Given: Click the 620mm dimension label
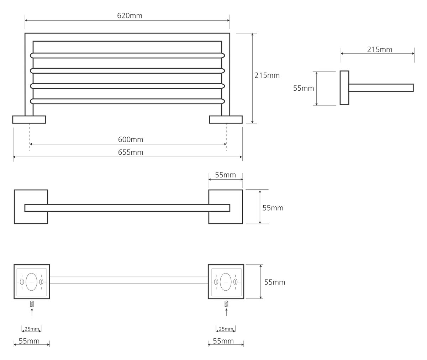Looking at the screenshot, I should click(127, 16).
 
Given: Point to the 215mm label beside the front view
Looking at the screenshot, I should click(267, 75).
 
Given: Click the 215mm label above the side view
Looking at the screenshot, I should click(380, 49).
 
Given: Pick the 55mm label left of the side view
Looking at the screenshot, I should click(304, 88).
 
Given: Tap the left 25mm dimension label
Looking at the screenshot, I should click(31, 329).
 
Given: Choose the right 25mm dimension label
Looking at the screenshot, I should click(225, 329).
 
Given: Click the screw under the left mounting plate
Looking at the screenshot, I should click(32, 304).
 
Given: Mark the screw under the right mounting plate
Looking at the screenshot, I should click(226, 304).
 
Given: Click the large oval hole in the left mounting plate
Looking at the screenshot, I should click(31, 281).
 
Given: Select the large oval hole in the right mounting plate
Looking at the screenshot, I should click(226, 281).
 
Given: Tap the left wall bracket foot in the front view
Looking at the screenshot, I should click(29, 119).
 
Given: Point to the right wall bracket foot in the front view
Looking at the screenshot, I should click(226, 119).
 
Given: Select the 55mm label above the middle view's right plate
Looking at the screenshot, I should click(226, 175).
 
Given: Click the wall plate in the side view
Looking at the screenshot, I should click(344, 88).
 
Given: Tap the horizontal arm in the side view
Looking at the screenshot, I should click(381, 88).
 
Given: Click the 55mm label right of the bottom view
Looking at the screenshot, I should click(275, 282).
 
